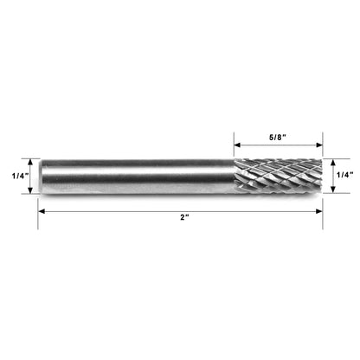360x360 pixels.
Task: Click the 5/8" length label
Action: pyautogui.click(x=278, y=136)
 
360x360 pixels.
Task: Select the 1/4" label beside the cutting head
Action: pyautogui.click(x=344, y=177)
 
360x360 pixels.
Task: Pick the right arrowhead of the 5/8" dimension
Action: pyautogui.click(x=319, y=145)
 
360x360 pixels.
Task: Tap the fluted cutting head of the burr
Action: pyautogui.click(x=277, y=177)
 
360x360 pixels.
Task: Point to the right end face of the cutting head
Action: pyautogui.click(x=320, y=177)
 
